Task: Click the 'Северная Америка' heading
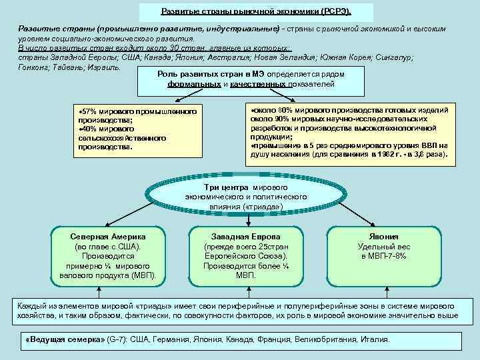(x=107, y=237)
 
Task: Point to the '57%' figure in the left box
(x=89, y=109)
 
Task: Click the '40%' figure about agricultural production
(x=89, y=129)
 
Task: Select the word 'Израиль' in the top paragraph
(x=105, y=67)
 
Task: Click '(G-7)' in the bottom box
(x=119, y=339)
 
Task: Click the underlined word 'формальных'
(x=194, y=85)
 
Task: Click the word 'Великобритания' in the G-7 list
(x=325, y=339)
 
